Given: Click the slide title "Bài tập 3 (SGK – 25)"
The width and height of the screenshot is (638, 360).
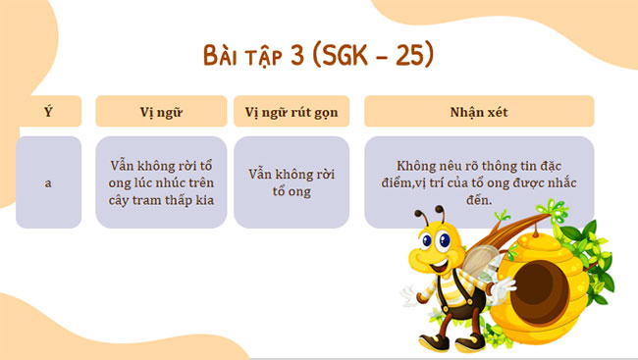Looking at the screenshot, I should click(318, 55).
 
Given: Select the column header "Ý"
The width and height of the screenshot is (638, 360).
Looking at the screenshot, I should click(48, 111).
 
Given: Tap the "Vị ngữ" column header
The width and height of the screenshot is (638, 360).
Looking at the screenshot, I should click(161, 111).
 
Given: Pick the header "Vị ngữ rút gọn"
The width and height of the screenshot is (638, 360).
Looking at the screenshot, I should click(291, 111).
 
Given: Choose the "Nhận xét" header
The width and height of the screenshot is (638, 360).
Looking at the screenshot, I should click(479, 111).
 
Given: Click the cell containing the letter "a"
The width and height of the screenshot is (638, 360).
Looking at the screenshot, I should click(48, 182).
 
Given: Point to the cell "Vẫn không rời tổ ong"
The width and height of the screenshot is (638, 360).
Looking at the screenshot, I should click(291, 182).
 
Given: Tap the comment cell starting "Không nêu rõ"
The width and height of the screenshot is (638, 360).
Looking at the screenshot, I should click(479, 177).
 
